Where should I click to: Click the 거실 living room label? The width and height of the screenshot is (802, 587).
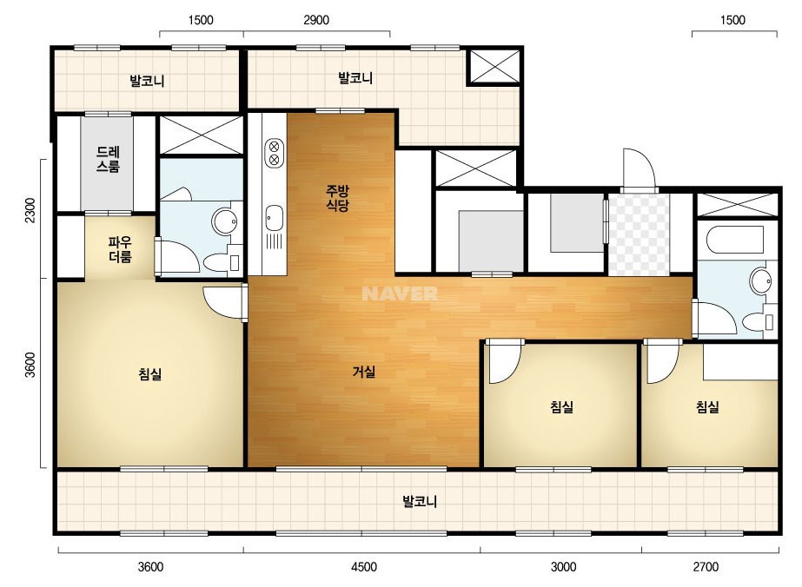tap(364, 372)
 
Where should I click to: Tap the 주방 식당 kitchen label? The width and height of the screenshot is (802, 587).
tap(337, 198)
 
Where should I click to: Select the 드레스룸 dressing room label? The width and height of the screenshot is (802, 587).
tap(108, 159)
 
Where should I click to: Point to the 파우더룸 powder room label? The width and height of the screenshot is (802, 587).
tap(120, 249)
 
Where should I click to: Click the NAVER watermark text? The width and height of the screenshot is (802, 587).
tap(400, 293)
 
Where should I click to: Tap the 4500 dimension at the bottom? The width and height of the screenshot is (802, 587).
tap(364, 566)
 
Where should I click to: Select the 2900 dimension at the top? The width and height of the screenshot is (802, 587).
tap(316, 20)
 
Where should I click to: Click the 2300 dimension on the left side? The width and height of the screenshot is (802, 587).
tap(30, 209)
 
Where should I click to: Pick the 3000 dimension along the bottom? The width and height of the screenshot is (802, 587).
tap(563, 566)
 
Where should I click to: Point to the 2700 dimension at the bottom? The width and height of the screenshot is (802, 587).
tap(706, 566)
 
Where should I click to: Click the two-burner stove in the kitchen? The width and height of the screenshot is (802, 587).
tap(275, 153)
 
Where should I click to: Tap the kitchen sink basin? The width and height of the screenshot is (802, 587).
tap(275, 218)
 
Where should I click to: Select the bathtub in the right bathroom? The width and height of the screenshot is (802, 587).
tap(735, 240)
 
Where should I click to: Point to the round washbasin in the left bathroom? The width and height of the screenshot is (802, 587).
tap(224, 221)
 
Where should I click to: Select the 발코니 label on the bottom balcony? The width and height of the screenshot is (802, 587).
tap(420, 501)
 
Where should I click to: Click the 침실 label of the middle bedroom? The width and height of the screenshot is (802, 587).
tap(561, 407)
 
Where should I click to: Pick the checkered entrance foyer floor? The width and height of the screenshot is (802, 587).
tap(639, 234)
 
